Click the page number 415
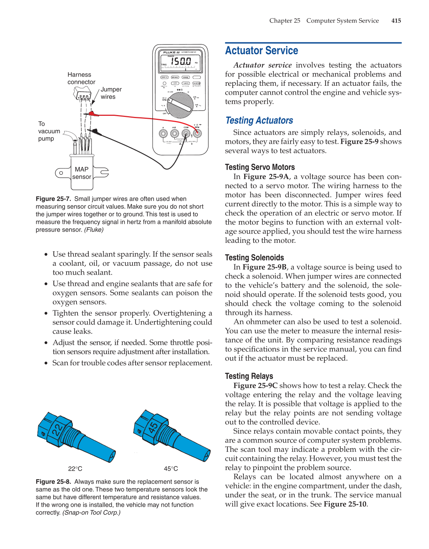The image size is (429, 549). point(396,21)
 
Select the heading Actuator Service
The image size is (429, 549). point(262,50)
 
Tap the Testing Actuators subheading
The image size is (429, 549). point(259,121)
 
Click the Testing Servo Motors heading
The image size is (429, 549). point(260,167)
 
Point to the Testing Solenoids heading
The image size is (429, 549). point(254,258)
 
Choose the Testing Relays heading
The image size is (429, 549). point(249,376)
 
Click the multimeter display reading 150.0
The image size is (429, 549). point(181,62)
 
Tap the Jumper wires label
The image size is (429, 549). point(111,93)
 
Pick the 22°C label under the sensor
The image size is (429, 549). point(75,469)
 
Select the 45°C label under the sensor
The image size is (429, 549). point(171,469)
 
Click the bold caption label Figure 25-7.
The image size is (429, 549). point(53,199)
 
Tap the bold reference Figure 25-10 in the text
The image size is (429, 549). point(345,504)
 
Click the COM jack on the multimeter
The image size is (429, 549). point(186,133)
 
